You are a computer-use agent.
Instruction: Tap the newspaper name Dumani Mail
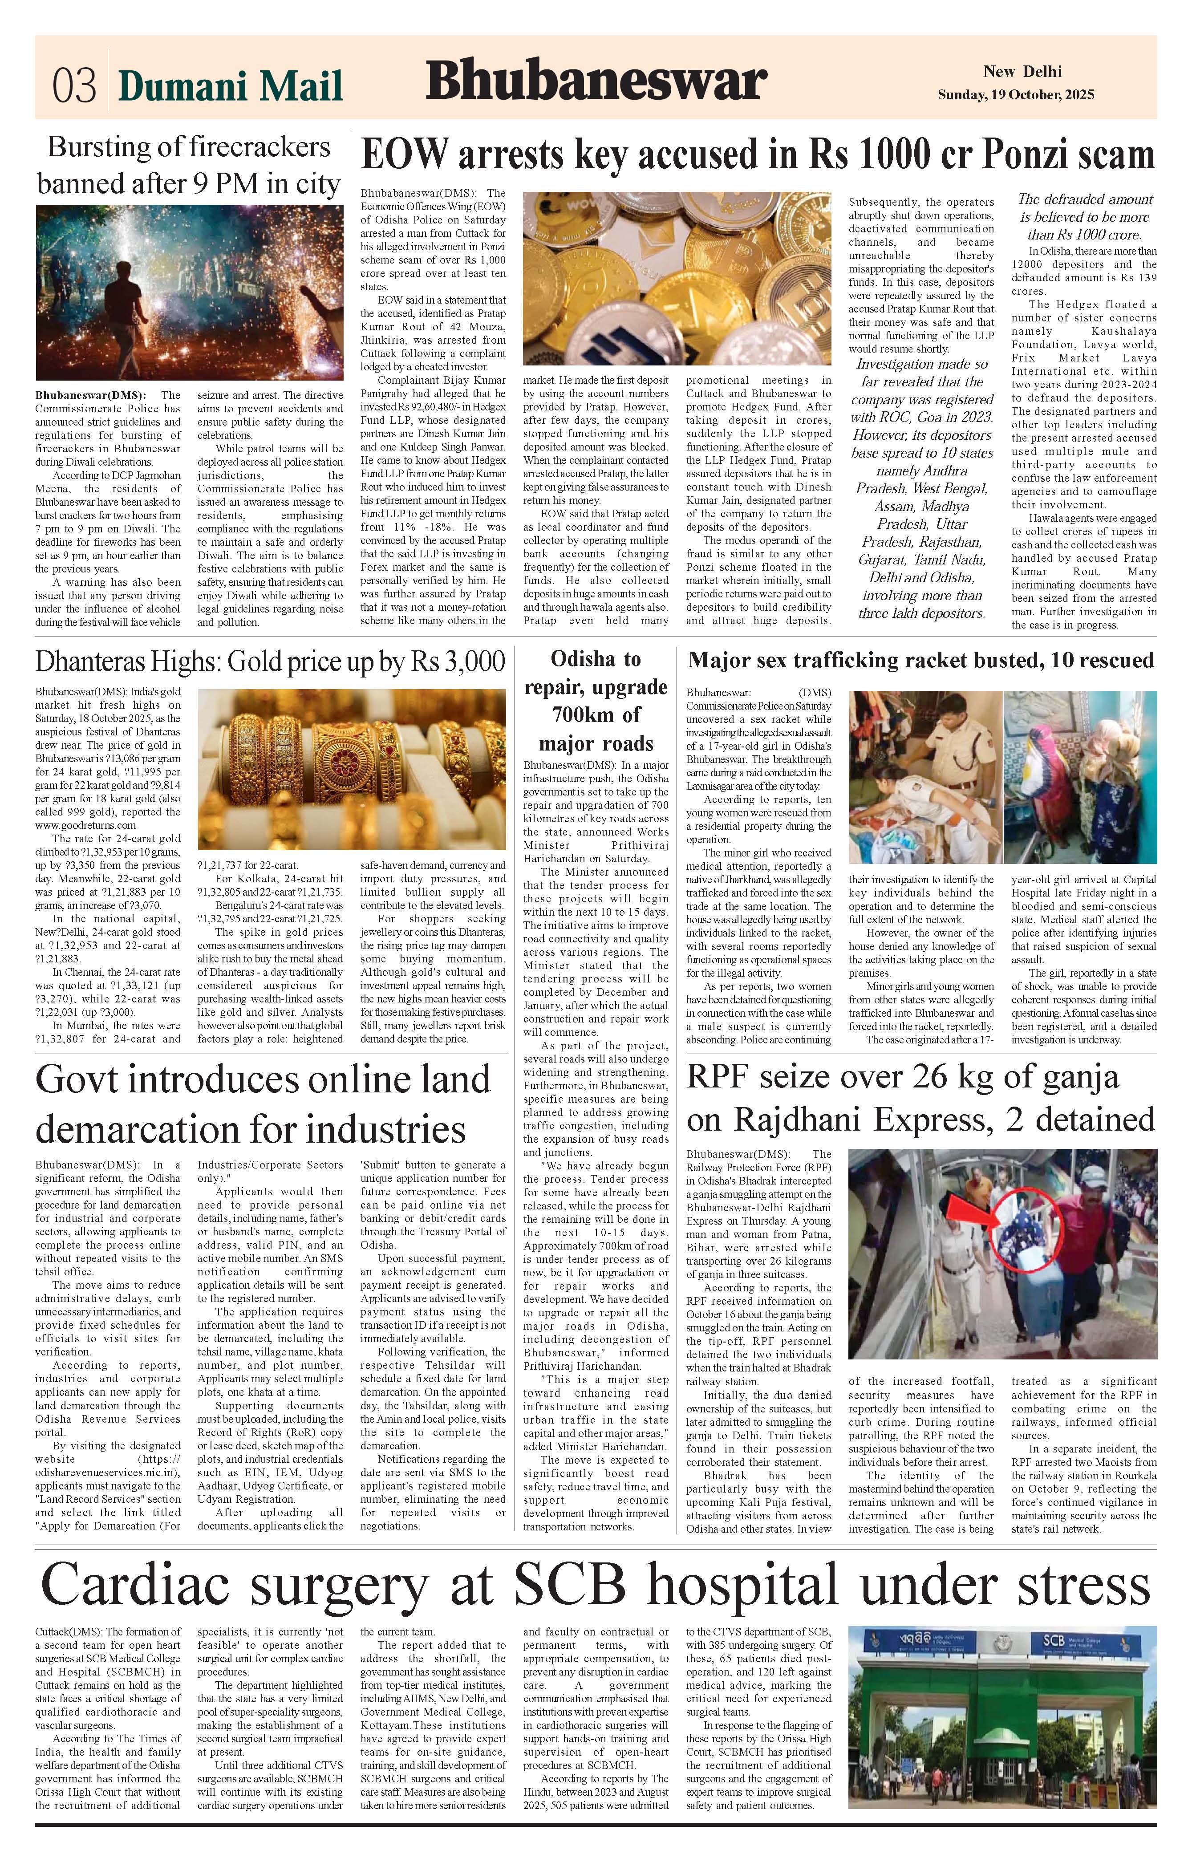coord(230,86)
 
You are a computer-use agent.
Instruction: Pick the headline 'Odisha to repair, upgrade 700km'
coord(596,700)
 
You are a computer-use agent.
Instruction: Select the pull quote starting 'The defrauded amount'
coord(1084,217)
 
